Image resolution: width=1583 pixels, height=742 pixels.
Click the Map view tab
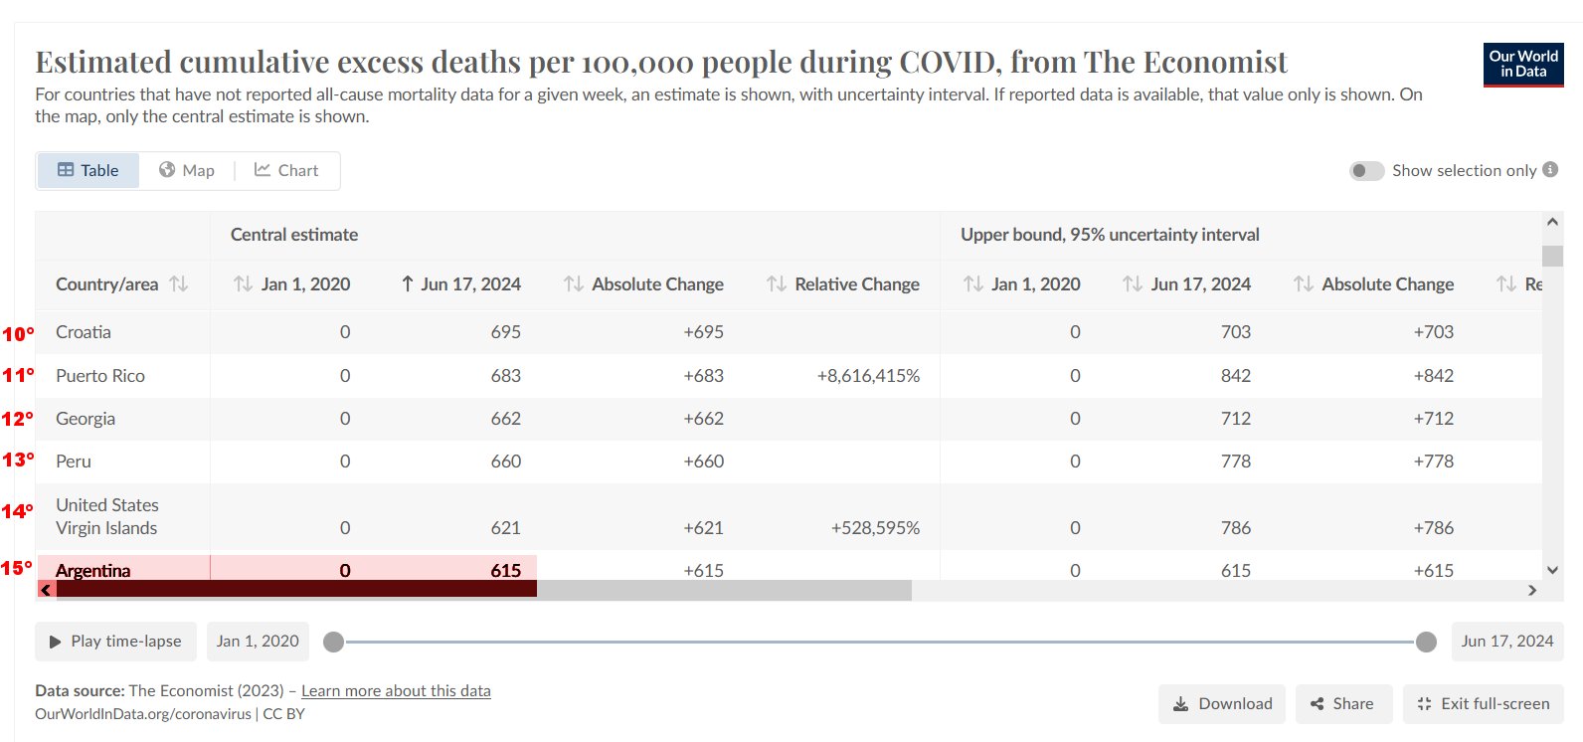187,170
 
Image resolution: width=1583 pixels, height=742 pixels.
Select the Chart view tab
286,170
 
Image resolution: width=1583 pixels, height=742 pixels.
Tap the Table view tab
88,170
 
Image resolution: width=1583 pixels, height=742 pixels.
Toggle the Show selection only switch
1366,171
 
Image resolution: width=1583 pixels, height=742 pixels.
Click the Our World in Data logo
1523,65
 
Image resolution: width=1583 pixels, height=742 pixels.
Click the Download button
1222,704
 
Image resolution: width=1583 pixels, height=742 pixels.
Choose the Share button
1341,704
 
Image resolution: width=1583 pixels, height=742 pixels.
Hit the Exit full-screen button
1483,704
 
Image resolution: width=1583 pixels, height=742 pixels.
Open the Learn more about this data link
396,691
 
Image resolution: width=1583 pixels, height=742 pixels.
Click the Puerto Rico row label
100,376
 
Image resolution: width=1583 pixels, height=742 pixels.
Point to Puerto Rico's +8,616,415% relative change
868,376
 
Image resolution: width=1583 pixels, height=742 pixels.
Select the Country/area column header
107,284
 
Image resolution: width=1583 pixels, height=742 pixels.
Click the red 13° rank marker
18,461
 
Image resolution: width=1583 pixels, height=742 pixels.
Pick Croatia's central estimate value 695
505,332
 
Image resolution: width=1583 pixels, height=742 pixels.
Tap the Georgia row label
86,419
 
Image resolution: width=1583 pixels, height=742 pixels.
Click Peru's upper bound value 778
1235,462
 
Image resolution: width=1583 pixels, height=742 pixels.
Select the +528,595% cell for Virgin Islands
875,528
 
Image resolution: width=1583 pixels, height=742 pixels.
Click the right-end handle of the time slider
1426,642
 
